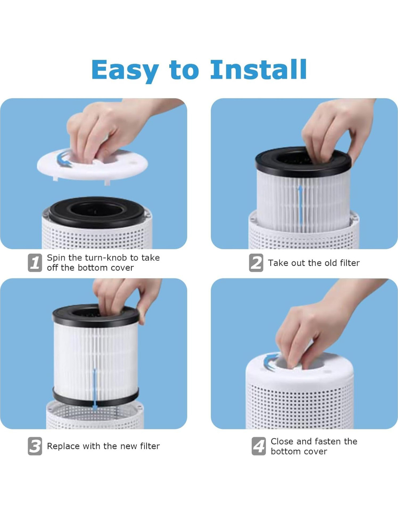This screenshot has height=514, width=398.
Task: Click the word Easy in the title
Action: (x=125, y=70)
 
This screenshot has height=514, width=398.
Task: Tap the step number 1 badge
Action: (x=35, y=263)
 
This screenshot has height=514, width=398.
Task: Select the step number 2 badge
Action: (x=256, y=263)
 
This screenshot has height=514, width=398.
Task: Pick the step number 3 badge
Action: (x=35, y=446)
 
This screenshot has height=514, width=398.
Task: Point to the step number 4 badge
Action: (x=259, y=446)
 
